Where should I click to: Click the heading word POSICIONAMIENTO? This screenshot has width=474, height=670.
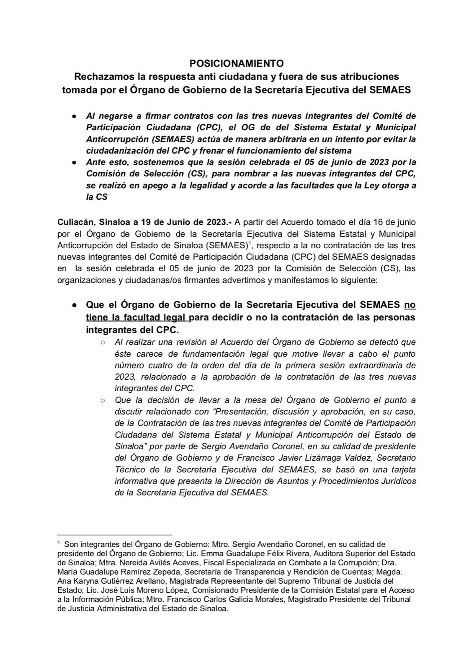tap(237, 64)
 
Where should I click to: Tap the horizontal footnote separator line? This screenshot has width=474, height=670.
tap(114, 535)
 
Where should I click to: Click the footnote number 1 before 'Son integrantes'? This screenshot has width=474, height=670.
tap(59, 544)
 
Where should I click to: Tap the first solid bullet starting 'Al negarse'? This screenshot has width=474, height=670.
tap(74, 116)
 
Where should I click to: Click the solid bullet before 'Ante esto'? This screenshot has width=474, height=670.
tap(74, 162)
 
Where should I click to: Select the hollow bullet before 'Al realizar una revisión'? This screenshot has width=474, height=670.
tap(102, 343)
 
